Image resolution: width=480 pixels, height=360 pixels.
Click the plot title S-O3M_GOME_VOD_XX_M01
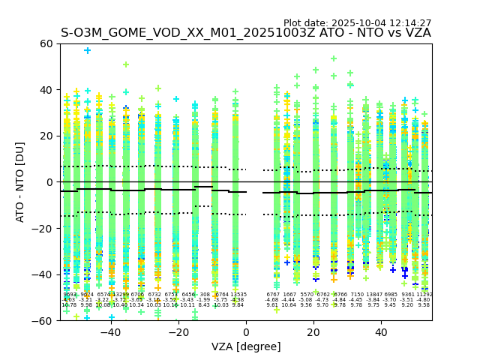click(x=246, y=33)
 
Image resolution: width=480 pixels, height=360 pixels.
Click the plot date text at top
click(x=357, y=23)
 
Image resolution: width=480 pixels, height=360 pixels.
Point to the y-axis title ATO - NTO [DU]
click(x=20, y=181)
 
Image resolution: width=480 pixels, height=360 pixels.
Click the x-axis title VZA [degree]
click(x=246, y=346)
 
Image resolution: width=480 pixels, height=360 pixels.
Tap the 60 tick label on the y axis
click(x=46, y=43)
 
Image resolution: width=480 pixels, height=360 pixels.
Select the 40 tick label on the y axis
click(x=46, y=90)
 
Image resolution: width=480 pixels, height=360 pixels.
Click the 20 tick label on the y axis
click(x=46, y=136)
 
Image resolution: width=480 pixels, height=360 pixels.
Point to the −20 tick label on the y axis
click(x=43, y=228)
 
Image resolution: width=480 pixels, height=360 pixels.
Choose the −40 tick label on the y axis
click(x=43, y=274)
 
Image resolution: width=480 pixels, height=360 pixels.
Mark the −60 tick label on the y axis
click(x=43, y=321)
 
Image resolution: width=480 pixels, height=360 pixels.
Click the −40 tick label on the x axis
click(x=110, y=332)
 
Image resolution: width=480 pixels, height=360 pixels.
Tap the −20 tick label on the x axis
click(x=178, y=332)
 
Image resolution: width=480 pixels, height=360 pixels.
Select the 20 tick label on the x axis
click(x=313, y=332)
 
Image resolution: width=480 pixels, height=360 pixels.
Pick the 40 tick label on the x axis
click(x=381, y=332)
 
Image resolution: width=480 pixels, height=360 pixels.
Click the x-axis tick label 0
click(x=246, y=332)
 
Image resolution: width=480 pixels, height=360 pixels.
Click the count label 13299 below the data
click(x=120, y=295)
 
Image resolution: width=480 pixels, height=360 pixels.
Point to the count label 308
click(x=205, y=295)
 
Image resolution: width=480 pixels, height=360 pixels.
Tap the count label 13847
click(x=373, y=295)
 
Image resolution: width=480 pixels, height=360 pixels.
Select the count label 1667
click(x=289, y=295)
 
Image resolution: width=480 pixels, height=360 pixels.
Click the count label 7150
click(x=357, y=295)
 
